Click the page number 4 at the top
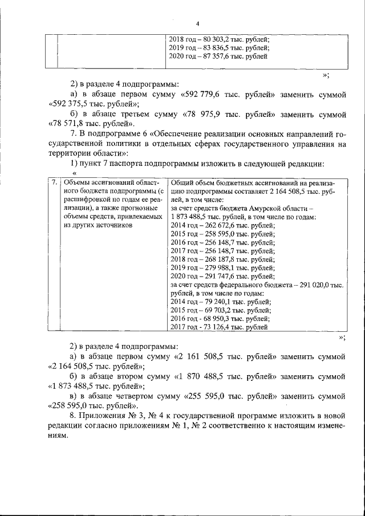(197, 24)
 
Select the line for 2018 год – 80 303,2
(220, 40)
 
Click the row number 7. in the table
(53, 183)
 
